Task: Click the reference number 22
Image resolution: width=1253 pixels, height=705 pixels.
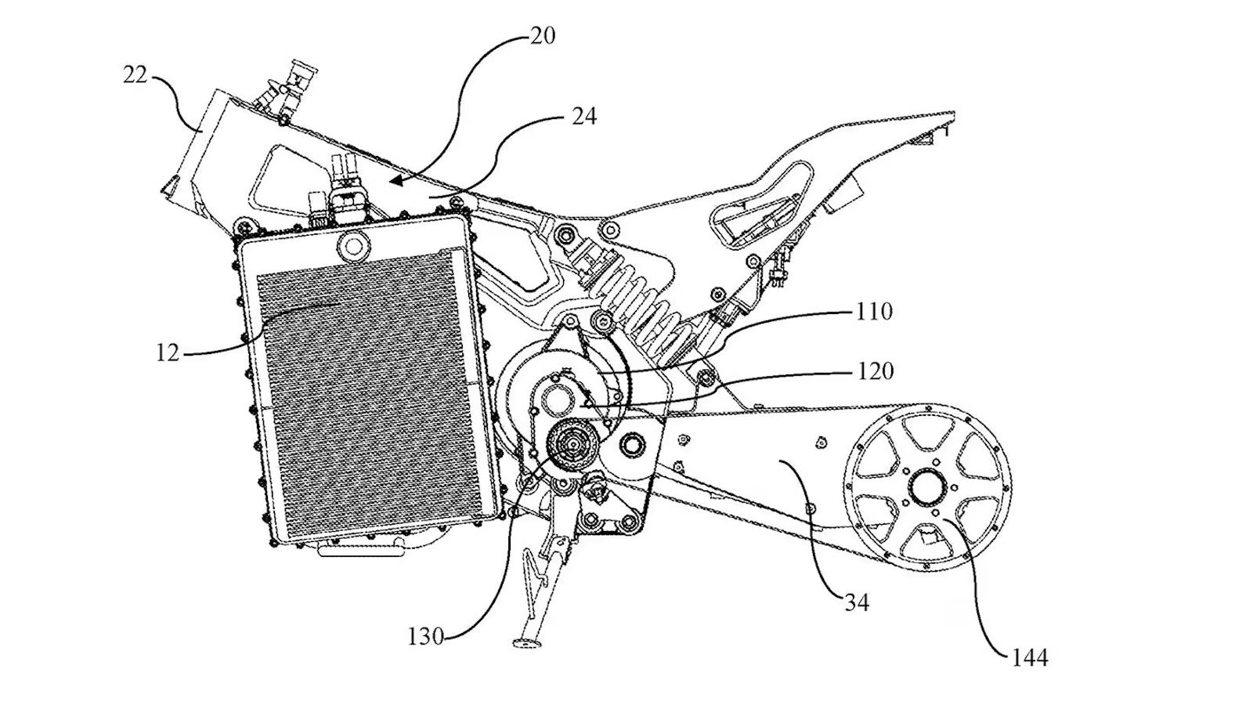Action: click(135, 76)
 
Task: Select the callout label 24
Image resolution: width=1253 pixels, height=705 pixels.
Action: click(583, 117)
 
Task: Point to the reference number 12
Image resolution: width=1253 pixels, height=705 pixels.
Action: click(168, 352)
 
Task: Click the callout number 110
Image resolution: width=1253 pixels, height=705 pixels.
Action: click(874, 312)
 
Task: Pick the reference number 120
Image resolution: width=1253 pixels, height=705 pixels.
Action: click(875, 371)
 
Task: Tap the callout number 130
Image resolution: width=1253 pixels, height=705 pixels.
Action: click(425, 636)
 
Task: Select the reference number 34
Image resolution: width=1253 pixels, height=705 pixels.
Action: click(857, 602)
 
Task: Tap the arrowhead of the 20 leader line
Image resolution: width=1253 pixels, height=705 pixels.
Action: click(395, 182)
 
